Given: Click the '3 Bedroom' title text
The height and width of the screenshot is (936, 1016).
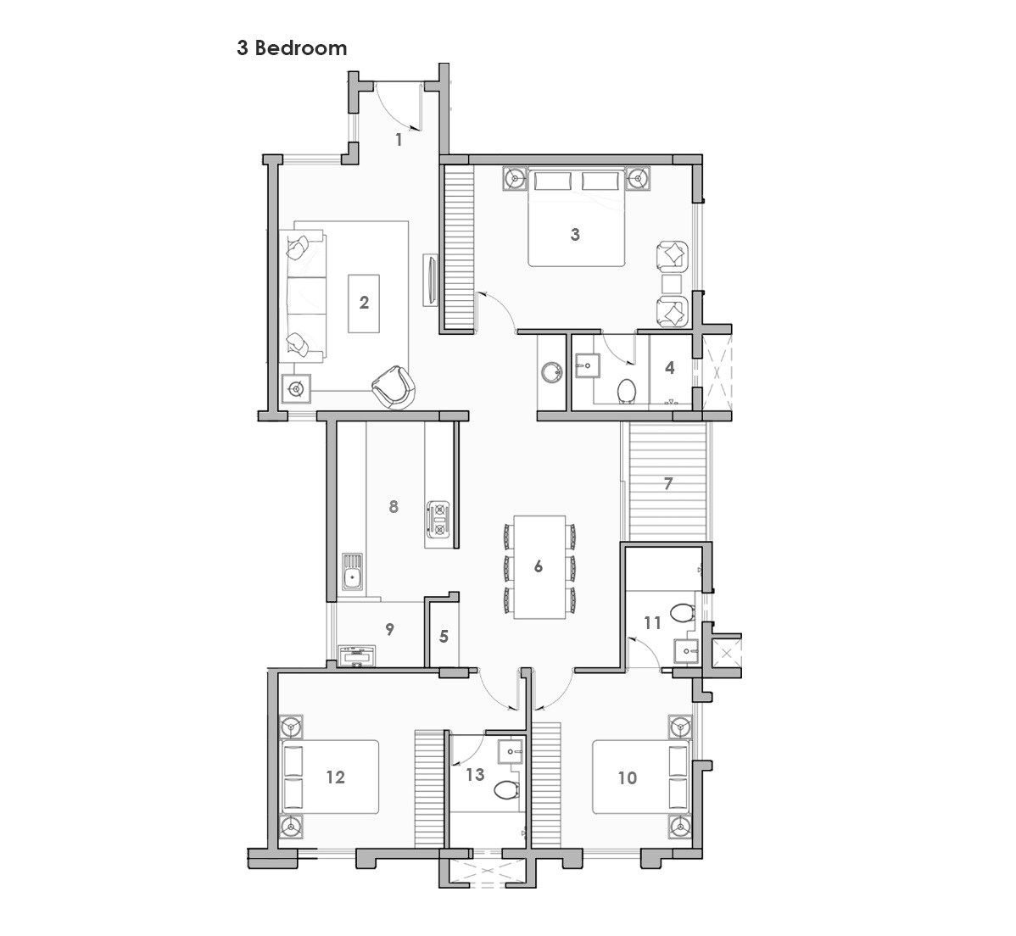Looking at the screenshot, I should coord(292,48).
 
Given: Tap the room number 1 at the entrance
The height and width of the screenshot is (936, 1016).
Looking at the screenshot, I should coord(399,140).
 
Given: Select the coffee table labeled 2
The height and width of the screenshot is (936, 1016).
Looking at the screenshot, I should coord(364,303).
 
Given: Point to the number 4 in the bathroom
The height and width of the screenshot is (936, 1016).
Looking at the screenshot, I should coord(670,368).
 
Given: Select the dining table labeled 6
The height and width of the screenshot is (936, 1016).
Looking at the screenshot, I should coord(539,566).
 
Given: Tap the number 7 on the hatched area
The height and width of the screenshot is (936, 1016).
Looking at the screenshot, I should coord(668,484).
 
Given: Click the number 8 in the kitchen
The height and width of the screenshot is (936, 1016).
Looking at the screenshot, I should coord(394,506).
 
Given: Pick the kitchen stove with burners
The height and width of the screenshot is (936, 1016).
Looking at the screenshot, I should coord(440,519).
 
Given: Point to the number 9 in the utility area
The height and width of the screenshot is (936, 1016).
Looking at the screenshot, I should coord(389,629).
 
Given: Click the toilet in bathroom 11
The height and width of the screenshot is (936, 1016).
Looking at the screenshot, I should coord(680,611).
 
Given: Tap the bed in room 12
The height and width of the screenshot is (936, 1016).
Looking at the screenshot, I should coord(331,777).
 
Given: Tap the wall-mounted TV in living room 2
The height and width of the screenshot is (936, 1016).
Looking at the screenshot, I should coord(431,280).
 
